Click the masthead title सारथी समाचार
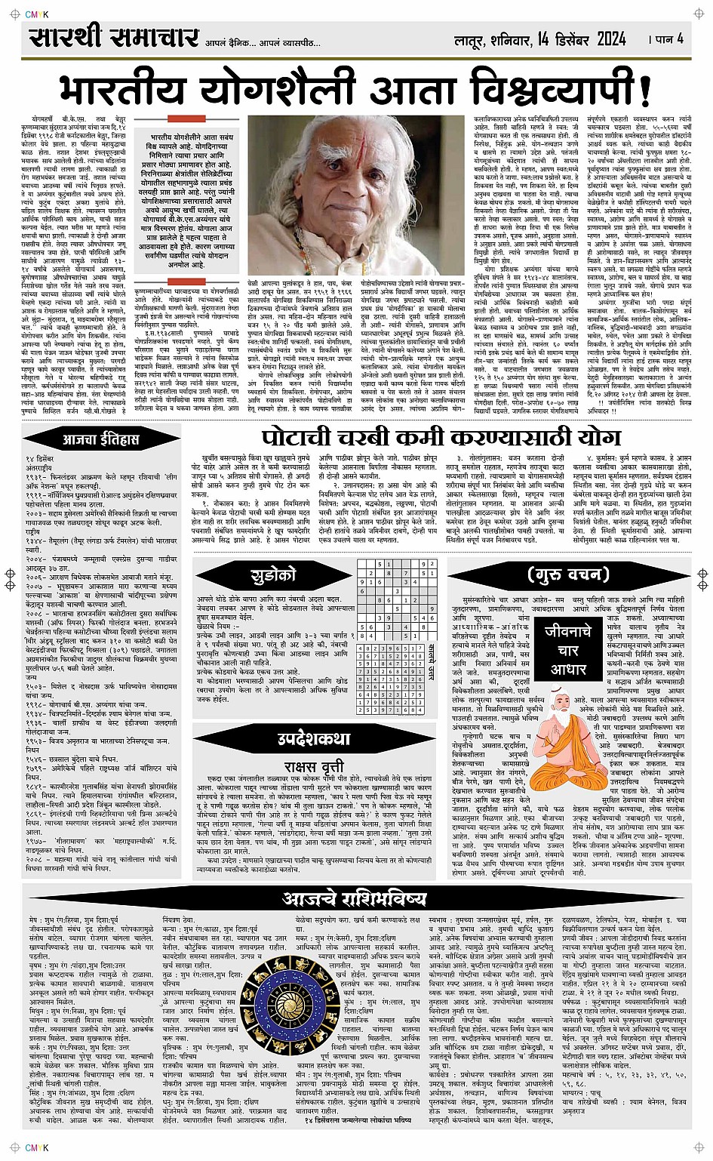[x=114, y=38]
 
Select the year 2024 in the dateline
[x=600, y=38]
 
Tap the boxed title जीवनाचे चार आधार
[x=568, y=648]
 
